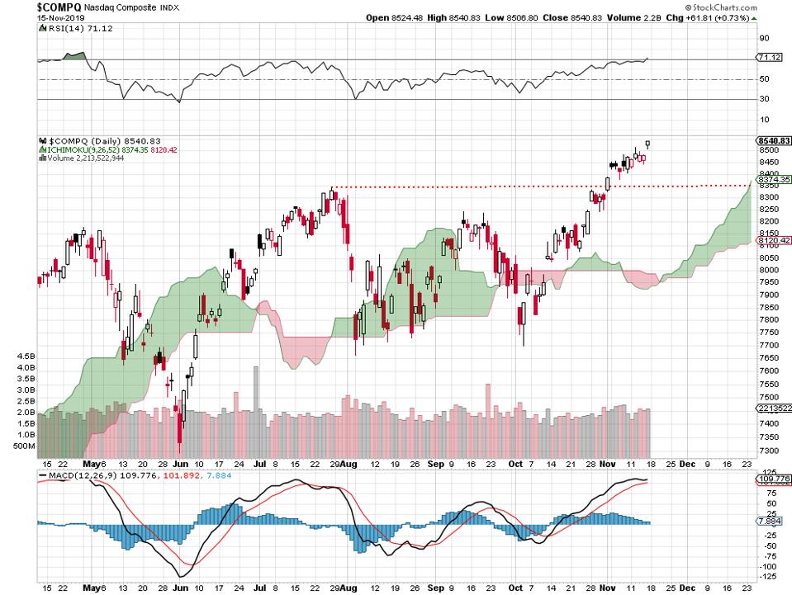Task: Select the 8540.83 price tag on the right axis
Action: click(774, 141)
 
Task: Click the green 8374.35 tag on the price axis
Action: click(774, 179)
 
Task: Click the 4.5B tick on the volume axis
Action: click(24, 357)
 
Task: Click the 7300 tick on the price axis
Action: click(766, 451)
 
